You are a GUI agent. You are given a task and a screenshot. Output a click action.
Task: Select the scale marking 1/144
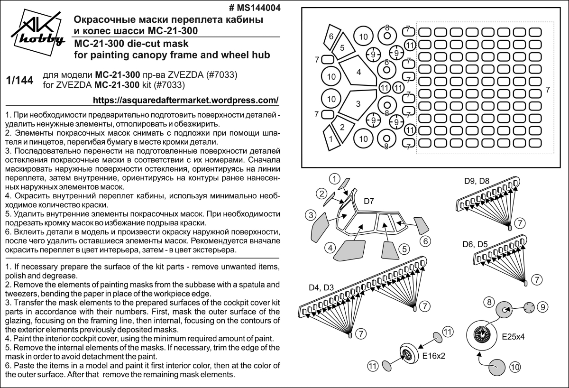[20, 81]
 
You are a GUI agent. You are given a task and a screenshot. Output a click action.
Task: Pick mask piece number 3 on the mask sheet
[358, 103]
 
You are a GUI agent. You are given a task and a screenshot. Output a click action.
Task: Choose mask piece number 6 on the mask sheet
[331, 36]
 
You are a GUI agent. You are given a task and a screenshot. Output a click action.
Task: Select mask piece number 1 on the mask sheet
[331, 138]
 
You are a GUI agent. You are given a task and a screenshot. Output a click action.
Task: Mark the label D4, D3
[321, 287]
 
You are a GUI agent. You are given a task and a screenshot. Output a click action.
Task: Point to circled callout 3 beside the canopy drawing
[311, 215]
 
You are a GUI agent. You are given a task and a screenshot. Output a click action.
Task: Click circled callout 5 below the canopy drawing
[404, 249]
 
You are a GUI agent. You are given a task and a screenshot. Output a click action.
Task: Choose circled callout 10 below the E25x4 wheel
[514, 367]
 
